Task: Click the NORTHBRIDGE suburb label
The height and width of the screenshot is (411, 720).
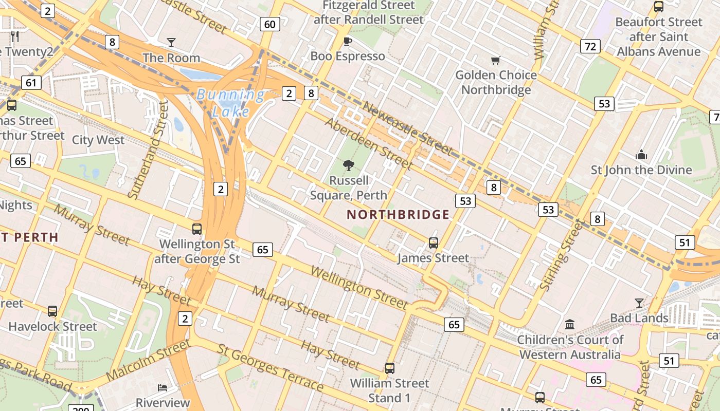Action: point(398,215)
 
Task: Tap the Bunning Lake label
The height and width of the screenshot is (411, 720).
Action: point(231,103)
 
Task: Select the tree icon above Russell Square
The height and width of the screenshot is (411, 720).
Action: point(349,165)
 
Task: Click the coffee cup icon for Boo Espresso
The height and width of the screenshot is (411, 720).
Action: point(348,41)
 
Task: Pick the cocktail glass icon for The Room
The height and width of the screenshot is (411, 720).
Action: point(171,43)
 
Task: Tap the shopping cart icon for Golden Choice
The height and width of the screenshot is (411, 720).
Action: point(496,61)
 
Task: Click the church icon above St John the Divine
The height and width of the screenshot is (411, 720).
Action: point(641,155)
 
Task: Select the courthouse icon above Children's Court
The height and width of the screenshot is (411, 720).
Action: point(570,325)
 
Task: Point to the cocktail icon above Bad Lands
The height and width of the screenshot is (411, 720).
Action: point(639,303)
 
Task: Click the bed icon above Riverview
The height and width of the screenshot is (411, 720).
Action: point(163,387)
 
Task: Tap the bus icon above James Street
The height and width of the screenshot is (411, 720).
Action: point(434,243)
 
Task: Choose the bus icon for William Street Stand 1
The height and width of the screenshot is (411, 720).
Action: point(389,368)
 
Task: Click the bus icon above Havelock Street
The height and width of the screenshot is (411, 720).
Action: point(52,311)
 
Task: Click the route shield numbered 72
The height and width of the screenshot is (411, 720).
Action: point(590,47)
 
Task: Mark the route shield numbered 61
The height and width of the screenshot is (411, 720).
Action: point(31,82)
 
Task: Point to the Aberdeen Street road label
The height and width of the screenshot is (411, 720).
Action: point(368,144)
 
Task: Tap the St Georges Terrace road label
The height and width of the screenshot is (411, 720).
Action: point(271,367)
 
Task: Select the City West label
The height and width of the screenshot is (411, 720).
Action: point(98,140)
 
